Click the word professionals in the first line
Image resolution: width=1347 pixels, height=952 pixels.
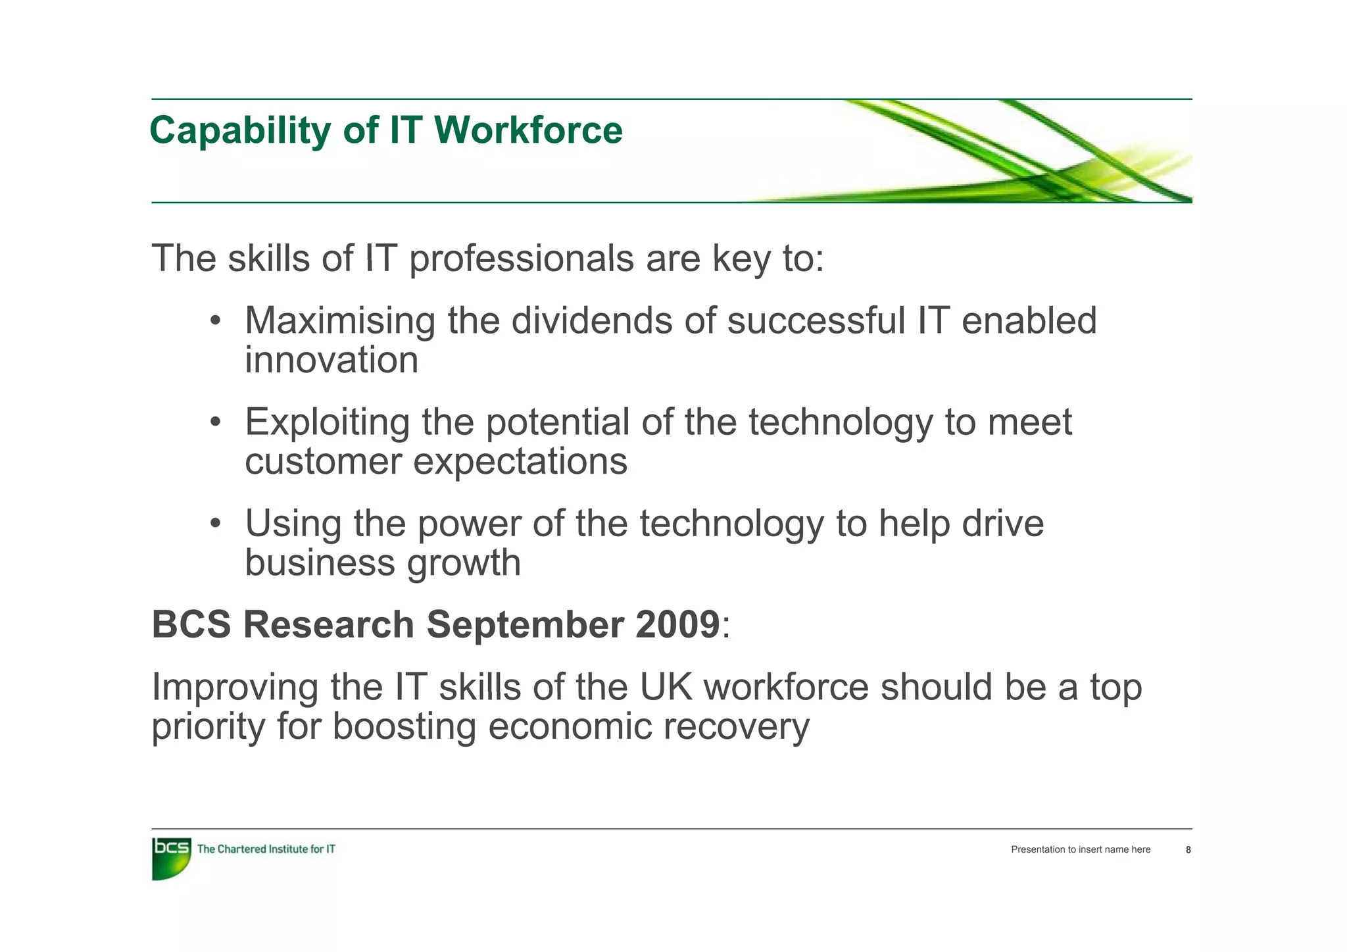pyautogui.click(x=521, y=259)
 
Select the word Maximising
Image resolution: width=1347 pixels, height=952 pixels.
pyautogui.click(x=339, y=321)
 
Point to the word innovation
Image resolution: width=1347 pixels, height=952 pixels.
pyautogui.click(x=331, y=361)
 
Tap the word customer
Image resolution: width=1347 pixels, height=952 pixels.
pyautogui.click(x=323, y=461)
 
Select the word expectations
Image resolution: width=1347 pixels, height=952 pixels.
pyautogui.click(x=520, y=461)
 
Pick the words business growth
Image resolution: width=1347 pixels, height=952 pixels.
pyautogui.click(x=382, y=563)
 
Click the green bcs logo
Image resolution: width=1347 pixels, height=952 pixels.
pyautogui.click(x=171, y=858)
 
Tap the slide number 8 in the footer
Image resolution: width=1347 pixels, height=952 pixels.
pyautogui.click(x=1188, y=850)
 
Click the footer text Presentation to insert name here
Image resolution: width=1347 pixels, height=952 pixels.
pyautogui.click(x=1081, y=850)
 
